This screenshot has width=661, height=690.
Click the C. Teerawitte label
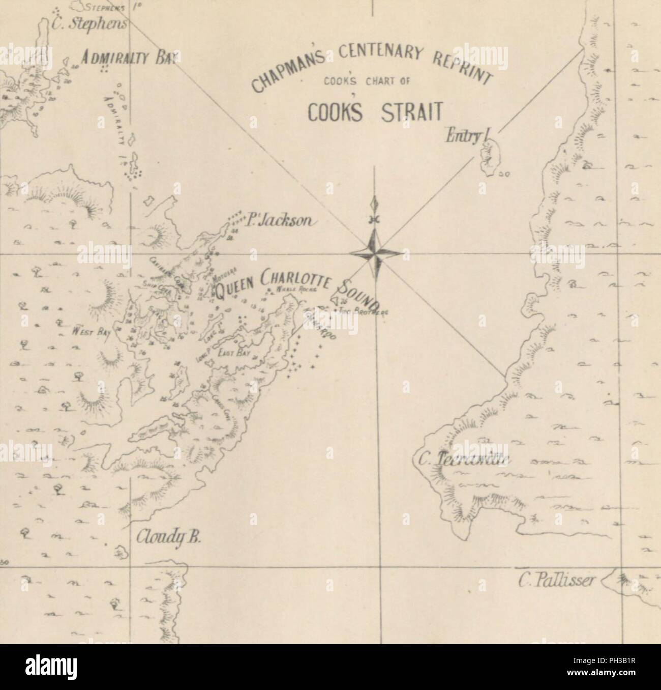(x=466, y=461)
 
